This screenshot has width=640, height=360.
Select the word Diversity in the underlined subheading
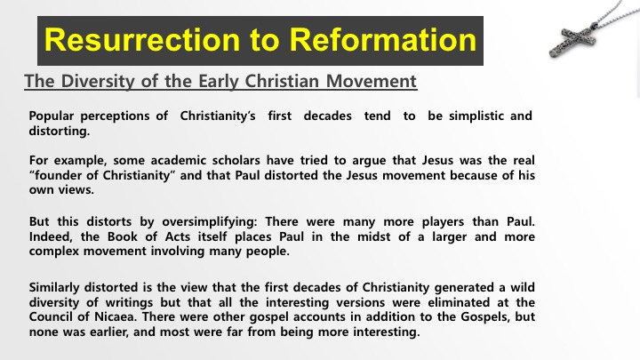98,81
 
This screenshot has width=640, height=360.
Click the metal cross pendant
572,41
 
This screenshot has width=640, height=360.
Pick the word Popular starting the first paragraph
52,116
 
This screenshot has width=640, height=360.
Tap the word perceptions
115,116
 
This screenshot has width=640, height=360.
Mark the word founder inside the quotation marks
58,175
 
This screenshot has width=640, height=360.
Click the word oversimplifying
210,222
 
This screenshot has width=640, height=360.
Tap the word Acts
178,236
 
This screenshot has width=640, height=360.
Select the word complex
54,252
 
